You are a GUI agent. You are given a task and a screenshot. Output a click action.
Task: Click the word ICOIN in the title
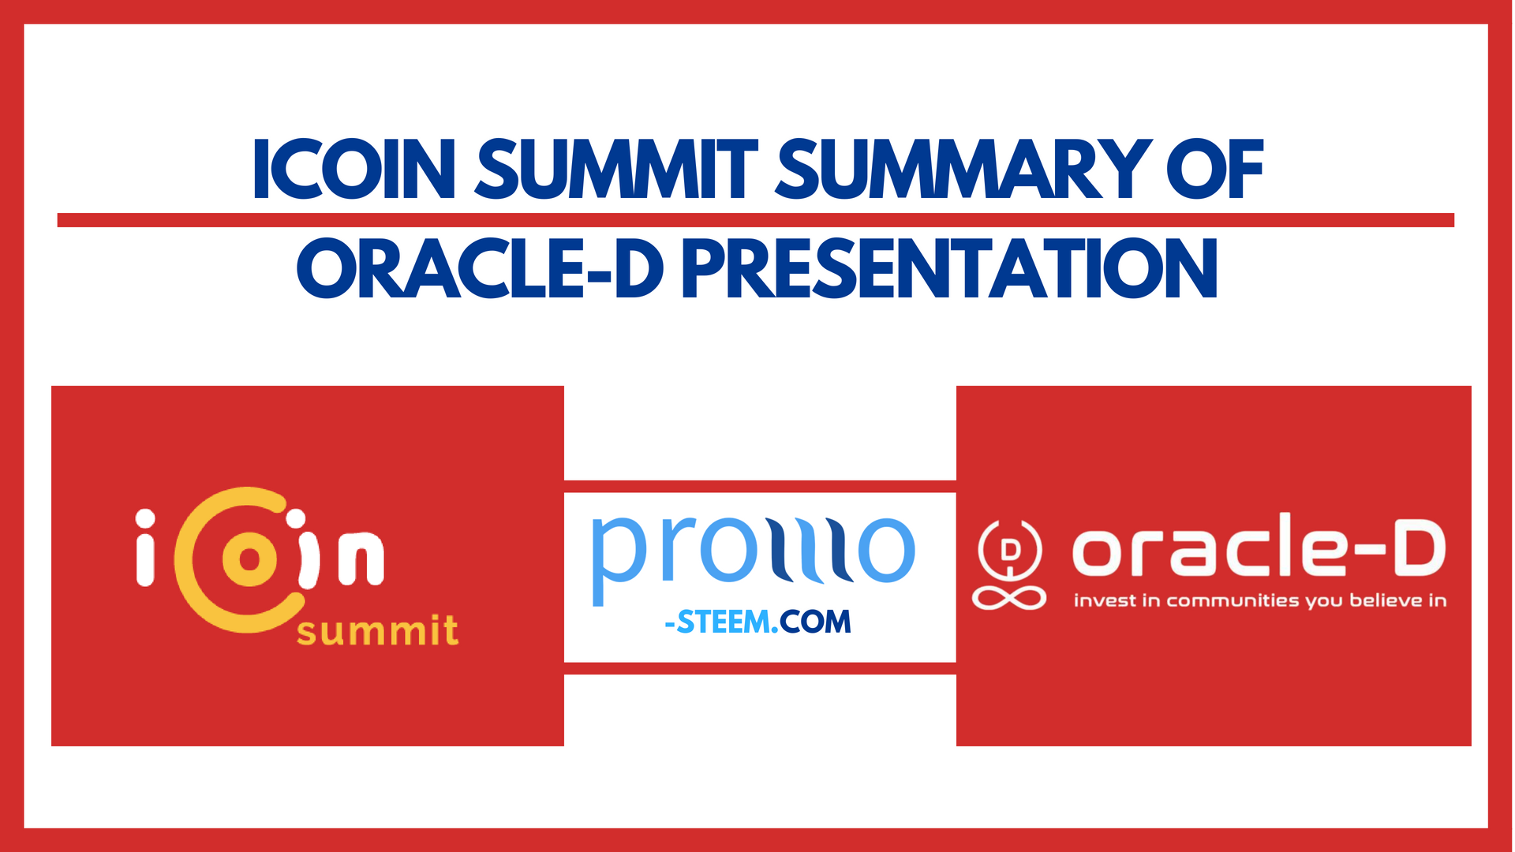pyautogui.click(x=354, y=169)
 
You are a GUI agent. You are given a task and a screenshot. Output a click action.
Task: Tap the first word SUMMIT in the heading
pyautogui.click(x=616, y=169)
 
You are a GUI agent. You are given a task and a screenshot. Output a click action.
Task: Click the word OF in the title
pyautogui.click(x=1215, y=169)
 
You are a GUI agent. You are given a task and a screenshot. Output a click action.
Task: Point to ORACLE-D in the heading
pyautogui.click(x=480, y=269)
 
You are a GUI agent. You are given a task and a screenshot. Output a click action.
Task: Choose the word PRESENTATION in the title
pyautogui.click(x=949, y=269)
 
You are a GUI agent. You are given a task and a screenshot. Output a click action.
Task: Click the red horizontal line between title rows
pyautogui.click(x=755, y=220)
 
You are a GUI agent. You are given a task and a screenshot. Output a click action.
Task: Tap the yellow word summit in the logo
pyautogui.click(x=377, y=631)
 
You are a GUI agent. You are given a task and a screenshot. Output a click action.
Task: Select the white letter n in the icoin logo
pyautogui.click(x=361, y=558)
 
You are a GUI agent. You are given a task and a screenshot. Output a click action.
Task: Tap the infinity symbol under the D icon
pyautogui.click(x=1009, y=597)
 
